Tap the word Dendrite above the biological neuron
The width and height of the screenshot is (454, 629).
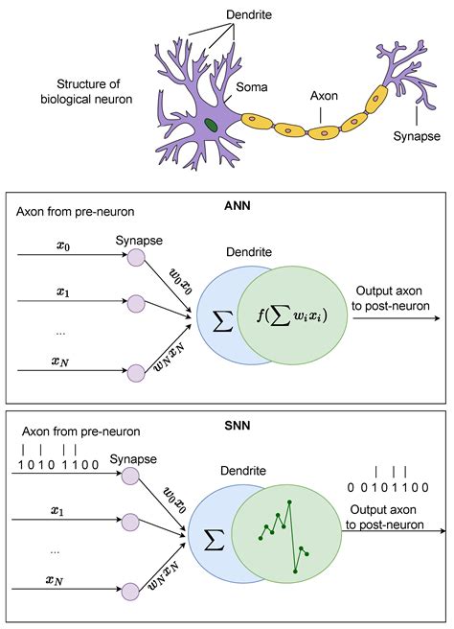pyautogui.click(x=222, y=14)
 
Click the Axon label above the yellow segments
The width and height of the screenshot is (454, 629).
pyautogui.click(x=324, y=97)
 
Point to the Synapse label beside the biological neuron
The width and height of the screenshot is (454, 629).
pyautogui.click(x=417, y=136)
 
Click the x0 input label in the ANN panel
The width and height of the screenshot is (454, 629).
pyautogui.click(x=63, y=245)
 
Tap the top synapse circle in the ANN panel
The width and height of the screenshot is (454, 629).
pyautogui.click(x=136, y=258)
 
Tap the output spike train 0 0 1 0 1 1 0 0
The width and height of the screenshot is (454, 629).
pyautogui.click(x=388, y=486)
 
